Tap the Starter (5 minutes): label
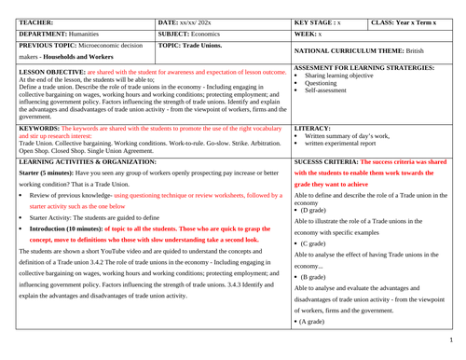pyautogui.click(x=51, y=173)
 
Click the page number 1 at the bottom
pyautogui.click(x=459, y=353)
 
